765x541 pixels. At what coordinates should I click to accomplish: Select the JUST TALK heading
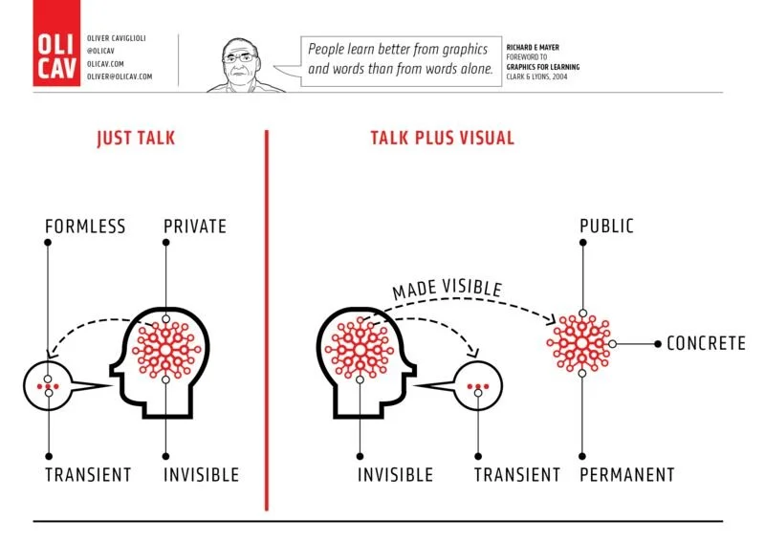click(136, 139)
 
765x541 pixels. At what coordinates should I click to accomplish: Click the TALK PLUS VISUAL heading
click(442, 139)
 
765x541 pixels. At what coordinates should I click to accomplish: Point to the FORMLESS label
click(85, 227)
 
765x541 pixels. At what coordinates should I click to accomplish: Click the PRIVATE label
click(194, 227)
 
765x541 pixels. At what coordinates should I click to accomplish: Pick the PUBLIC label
click(606, 227)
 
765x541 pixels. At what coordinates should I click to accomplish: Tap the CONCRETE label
click(706, 343)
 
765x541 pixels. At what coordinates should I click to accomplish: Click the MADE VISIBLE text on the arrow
click(446, 288)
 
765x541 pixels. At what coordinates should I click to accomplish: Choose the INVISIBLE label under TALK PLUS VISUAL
click(395, 475)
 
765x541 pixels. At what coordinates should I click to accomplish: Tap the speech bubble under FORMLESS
click(50, 386)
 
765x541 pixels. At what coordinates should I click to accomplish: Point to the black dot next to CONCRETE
click(656, 343)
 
